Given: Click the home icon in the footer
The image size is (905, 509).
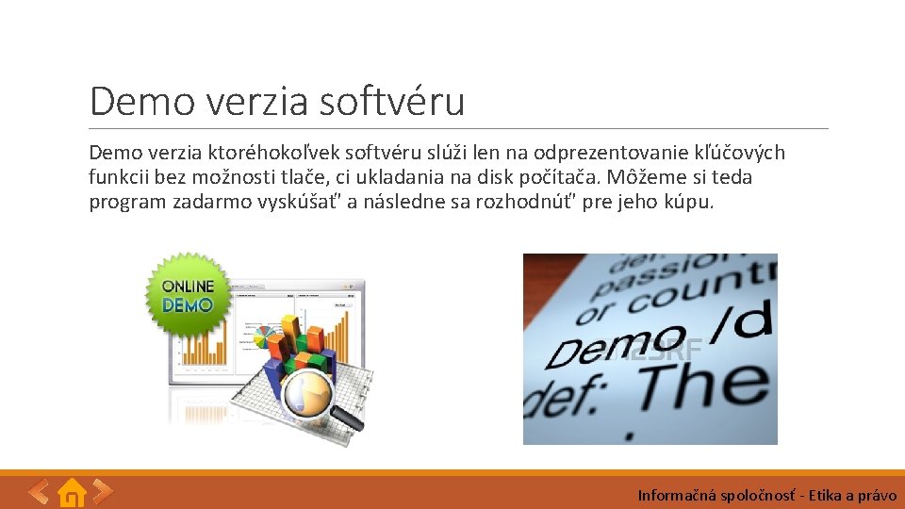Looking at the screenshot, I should (72, 492).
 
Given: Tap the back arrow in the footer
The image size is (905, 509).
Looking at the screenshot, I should (39, 491).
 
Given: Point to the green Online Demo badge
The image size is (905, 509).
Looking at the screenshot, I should (187, 295).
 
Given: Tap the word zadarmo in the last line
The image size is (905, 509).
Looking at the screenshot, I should (211, 202).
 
